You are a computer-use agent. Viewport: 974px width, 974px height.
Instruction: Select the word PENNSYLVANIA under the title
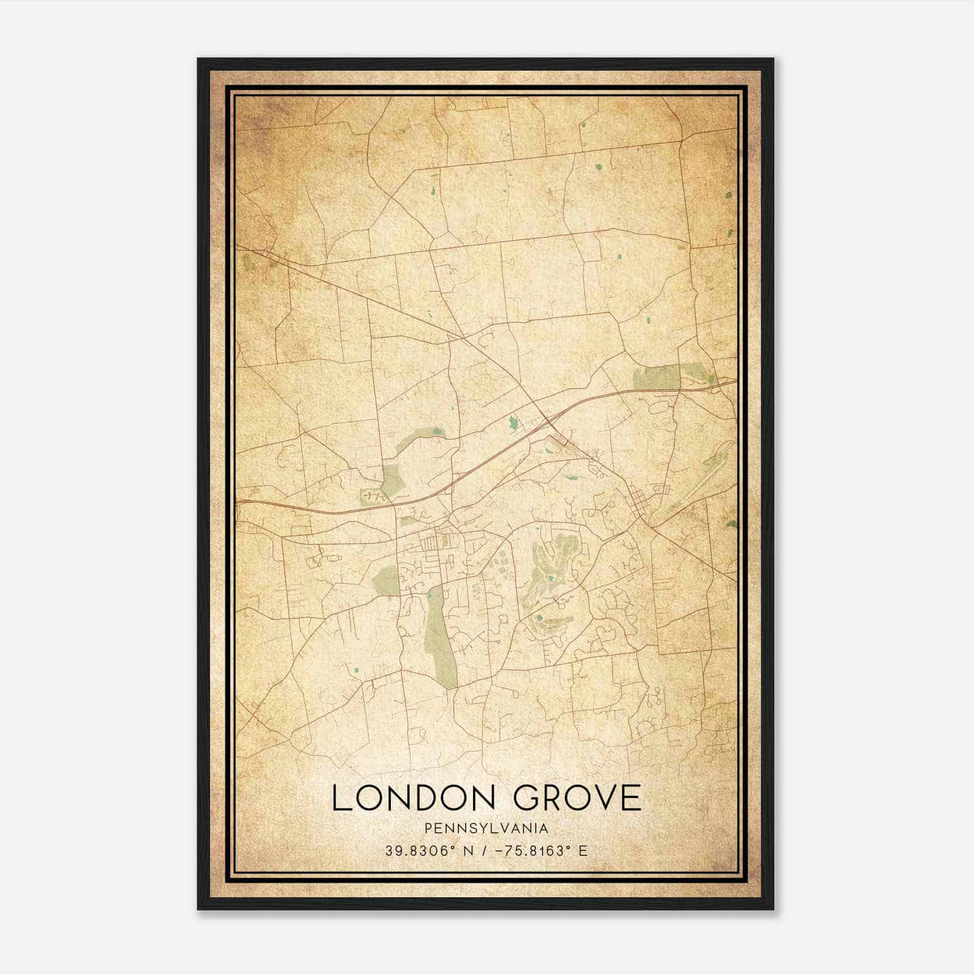[487, 829]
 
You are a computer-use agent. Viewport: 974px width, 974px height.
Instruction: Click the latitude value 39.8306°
[420, 850]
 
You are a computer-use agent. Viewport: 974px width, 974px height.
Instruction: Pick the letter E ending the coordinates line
[583, 850]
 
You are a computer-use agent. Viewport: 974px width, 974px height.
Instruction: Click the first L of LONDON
[341, 798]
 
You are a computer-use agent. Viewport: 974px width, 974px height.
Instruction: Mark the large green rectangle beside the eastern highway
[657, 377]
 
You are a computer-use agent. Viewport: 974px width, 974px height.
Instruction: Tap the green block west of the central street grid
[386, 580]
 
